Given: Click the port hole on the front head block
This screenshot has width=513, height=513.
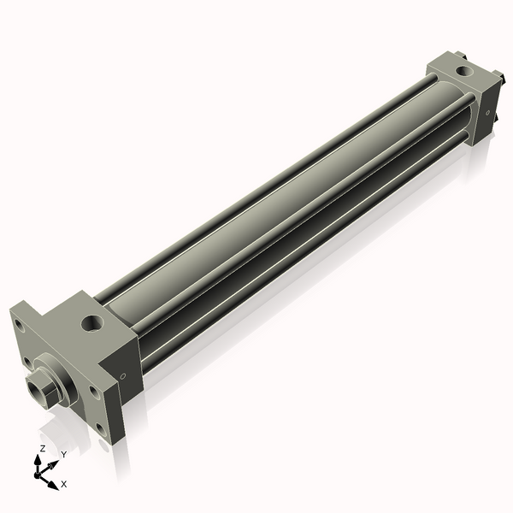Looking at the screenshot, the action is (92, 323).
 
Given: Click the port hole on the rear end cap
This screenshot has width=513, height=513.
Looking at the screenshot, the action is (463, 71).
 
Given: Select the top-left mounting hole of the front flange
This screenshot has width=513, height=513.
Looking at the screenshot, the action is (19, 327).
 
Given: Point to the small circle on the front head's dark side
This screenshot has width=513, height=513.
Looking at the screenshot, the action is (123, 376).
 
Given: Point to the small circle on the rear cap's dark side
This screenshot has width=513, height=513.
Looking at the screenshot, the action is (488, 113).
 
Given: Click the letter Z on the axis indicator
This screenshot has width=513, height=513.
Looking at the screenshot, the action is (43, 449).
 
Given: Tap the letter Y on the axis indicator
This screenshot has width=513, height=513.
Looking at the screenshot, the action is (64, 455).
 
